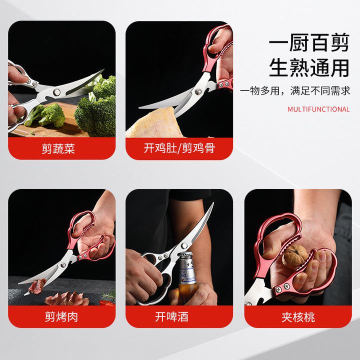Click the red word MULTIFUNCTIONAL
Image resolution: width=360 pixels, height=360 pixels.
318,109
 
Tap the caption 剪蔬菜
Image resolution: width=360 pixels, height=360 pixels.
58,148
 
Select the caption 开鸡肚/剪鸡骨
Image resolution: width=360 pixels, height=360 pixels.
179,148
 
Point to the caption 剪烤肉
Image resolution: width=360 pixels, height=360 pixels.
61,317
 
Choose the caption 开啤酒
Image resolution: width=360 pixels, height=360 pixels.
171,317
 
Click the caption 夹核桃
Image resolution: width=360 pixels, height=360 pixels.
298,317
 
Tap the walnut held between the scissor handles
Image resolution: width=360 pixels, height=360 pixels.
295,256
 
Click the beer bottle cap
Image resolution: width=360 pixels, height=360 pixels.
185,255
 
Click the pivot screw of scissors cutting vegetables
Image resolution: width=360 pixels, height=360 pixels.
56,92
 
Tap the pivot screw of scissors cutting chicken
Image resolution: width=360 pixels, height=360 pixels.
198,92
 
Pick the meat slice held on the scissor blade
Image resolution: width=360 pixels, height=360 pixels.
36,286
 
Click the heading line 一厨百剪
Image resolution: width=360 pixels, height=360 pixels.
309,42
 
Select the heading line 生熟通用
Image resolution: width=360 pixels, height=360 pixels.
309,67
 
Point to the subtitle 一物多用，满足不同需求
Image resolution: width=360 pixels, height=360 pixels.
295,91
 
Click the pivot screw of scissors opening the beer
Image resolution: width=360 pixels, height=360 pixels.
184,246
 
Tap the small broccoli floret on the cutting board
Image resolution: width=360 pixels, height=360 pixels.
52,115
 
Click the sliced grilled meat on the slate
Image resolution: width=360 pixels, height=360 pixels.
67,298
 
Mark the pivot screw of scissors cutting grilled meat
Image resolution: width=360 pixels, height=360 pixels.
62,265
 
